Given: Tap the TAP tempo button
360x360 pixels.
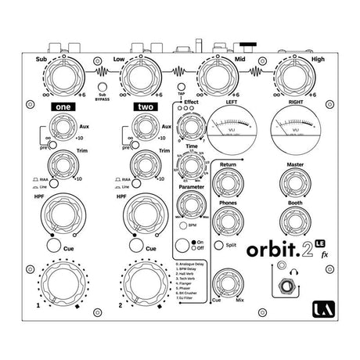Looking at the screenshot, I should pyautogui.click(x=181, y=88).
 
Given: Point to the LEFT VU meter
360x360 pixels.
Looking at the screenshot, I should pyautogui.click(x=231, y=126).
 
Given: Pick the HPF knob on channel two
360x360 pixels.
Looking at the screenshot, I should pyautogui.click(x=146, y=213).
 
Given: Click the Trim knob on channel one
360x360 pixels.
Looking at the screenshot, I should pyautogui.click(x=64, y=164).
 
